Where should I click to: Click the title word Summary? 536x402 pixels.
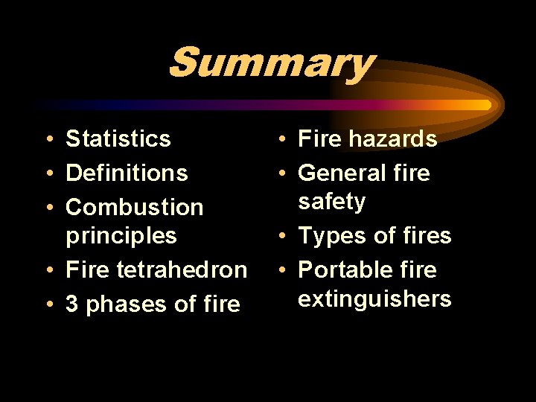tap(270, 63)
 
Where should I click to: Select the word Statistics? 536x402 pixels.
tap(118, 138)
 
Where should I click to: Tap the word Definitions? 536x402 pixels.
tap(127, 173)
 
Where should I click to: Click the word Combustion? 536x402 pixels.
tap(135, 207)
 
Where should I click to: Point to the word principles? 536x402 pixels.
tap(121, 236)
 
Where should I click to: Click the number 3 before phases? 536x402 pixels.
tap(73, 304)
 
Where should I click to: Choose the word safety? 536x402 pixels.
tap(331, 202)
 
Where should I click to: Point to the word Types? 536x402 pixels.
tap(331, 236)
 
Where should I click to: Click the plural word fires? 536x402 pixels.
tap(424, 236)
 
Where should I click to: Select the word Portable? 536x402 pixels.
tap(345, 269)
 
